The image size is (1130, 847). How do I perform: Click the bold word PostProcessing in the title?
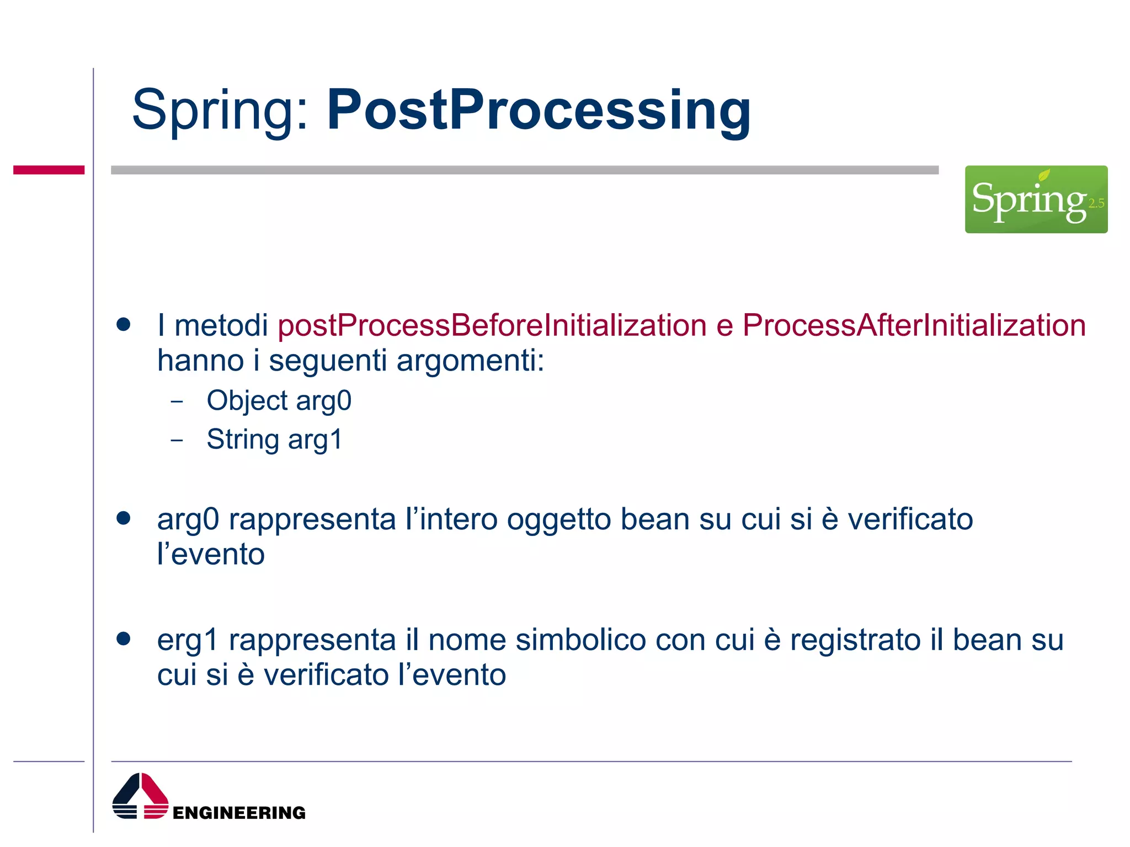pos(539,110)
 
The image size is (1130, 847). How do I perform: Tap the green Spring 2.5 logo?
pos(1036,199)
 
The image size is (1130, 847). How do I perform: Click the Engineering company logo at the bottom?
pos(209,797)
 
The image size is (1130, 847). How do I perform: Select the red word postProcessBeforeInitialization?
pos(492,325)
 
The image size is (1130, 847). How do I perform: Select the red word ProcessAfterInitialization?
pos(914,325)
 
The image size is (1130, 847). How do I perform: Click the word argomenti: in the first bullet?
pos(470,361)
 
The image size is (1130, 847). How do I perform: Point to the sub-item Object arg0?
pos(279,400)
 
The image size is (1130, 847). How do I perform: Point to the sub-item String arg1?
pos(274,439)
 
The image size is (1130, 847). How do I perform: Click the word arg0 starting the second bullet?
pos(188,520)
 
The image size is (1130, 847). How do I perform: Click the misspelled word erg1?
pos(188,641)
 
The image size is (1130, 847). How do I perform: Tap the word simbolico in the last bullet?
pos(580,640)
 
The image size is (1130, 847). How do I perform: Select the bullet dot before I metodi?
pos(124,324)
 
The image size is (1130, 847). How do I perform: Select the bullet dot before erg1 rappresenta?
pos(124,639)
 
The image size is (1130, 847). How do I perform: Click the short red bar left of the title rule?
pos(49,170)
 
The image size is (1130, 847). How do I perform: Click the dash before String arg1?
pos(177,440)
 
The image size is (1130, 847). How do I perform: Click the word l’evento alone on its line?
pos(211,554)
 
